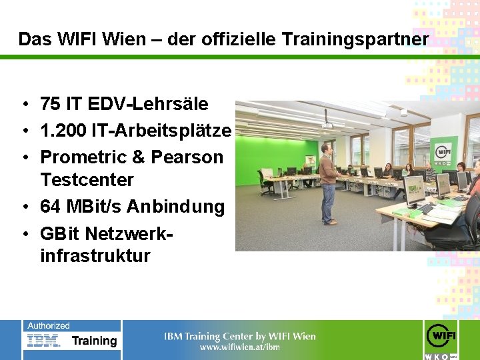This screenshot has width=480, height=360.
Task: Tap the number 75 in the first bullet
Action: click(x=49, y=104)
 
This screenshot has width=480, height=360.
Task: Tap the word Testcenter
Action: click(x=87, y=180)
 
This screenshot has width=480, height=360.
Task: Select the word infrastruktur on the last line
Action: click(x=95, y=256)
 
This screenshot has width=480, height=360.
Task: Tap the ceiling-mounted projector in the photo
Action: click(x=327, y=124)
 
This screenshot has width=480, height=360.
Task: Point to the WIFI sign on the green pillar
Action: click(x=442, y=149)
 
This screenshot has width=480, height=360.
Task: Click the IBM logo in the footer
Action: click(x=44, y=341)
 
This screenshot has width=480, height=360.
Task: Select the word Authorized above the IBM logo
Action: click(x=48, y=326)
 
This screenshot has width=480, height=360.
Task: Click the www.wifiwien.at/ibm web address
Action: click(x=240, y=347)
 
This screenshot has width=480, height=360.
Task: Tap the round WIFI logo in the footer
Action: click(x=441, y=335)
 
